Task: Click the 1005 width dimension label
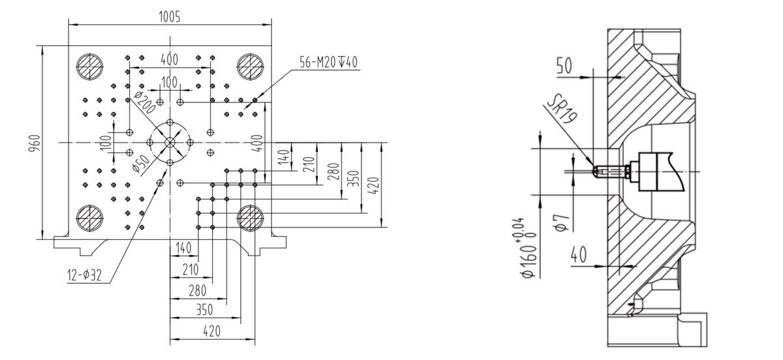(x=170, y=17)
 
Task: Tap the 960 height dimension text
(x=35, y=143)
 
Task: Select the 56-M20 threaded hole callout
(x=329, y=63)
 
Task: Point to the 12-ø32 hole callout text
(x=84, y=276)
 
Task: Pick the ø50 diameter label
(x=142, y=164)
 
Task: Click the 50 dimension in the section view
(x=564, y=66)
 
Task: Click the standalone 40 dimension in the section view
(x=579, y=254)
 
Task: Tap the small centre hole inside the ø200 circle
(x=170, y=143)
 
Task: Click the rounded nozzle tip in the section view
(x=596, y=172)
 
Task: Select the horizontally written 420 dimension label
(x=212, y=331)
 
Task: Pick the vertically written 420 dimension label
(x=373, y=186)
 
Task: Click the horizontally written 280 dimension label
(x=198, y=290)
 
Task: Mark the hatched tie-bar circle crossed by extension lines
(x=251, y=218)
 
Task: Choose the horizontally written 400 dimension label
(x=169, y=60)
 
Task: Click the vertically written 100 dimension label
(x=105, y=143)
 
